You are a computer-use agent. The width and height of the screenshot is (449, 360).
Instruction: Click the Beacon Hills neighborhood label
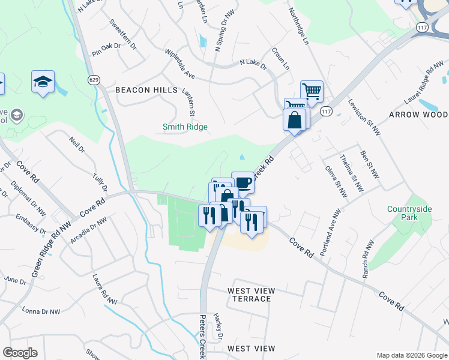tap(146, 90)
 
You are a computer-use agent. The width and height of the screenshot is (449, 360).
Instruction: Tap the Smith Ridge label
tap(185, 127)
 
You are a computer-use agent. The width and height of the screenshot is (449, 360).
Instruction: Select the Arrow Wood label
tap(418, 115)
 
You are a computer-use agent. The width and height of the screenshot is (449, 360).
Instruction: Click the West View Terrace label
tap(252, 295)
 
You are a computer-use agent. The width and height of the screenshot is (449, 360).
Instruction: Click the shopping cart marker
tap(312, 91)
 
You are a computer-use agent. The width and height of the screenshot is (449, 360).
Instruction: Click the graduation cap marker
tap(43, 80)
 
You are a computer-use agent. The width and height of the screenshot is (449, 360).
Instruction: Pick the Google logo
tap(20, 353)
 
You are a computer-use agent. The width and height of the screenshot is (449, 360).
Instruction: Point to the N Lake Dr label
tap(253, 62)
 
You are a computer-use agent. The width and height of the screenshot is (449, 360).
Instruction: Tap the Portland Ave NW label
tap(331, 233)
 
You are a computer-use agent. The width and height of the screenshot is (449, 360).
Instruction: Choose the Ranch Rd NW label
tap(368, 259)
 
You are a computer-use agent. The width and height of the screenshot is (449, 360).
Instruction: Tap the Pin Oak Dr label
tap(106, 49)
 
